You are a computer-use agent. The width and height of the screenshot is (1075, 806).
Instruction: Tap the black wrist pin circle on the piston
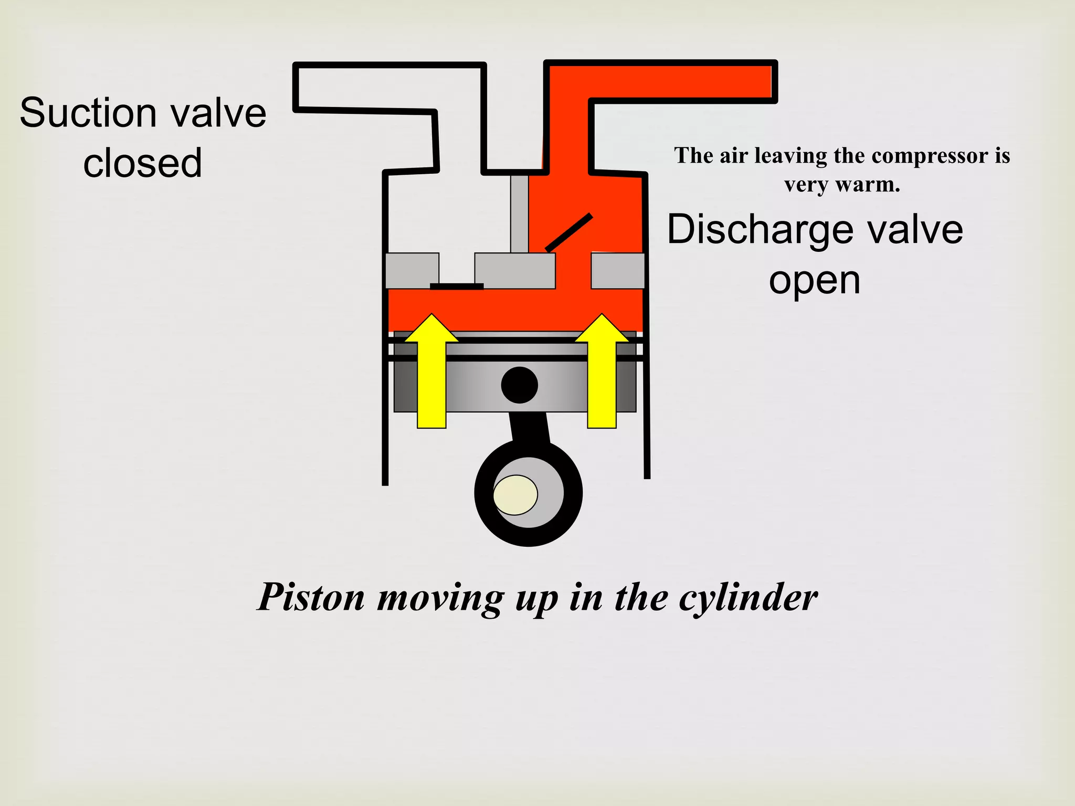click(x=519, y=385)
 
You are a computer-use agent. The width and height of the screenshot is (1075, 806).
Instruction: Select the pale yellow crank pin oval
click(x=515, y=495)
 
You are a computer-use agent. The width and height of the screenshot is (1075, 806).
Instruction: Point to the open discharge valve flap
click(x=569, y=232)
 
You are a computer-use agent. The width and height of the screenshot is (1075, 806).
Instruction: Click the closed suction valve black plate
click(x=457, y=286)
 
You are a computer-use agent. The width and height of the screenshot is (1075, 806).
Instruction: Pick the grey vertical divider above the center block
click(x=519, y=214)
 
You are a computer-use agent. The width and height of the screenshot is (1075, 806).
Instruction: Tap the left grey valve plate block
click(x=412, y=270)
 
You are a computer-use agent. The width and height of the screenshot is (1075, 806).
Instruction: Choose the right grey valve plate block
click(x=618, y=270)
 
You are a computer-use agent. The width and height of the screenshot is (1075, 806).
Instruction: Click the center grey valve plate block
click(x=515, y=270)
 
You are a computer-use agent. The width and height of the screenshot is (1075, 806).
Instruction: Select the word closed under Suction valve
click(x=143, y=163)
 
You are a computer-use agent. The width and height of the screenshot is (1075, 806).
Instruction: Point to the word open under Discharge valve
click(x=815, y=281)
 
